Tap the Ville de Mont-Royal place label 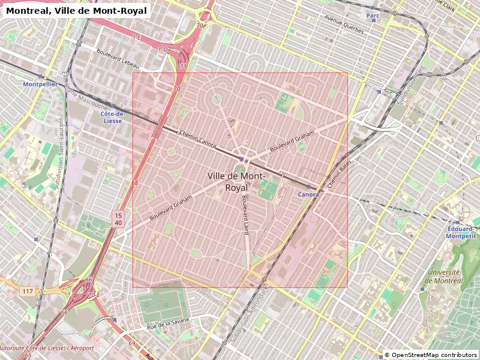pyautogui.click(x=235, y=181)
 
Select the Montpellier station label pyautogui.click(x=40, y=85)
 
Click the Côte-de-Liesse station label pyautogui.click(x=112, y=117)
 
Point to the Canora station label pyautogui.click(x=308, y=194)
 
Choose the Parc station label pyautogui.click(x=373, y=15)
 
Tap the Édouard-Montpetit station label pyautogui.click(x=461, y=232)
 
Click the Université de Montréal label pyautogui.click(x=445, y=276)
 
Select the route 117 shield pyautogui.click(x=28, y=292)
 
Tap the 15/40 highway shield pyautogui.click(x=118, y=218)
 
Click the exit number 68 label pyautogui.click(x=134, y=183)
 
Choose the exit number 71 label pyautogui.click(x=183, y=67)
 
